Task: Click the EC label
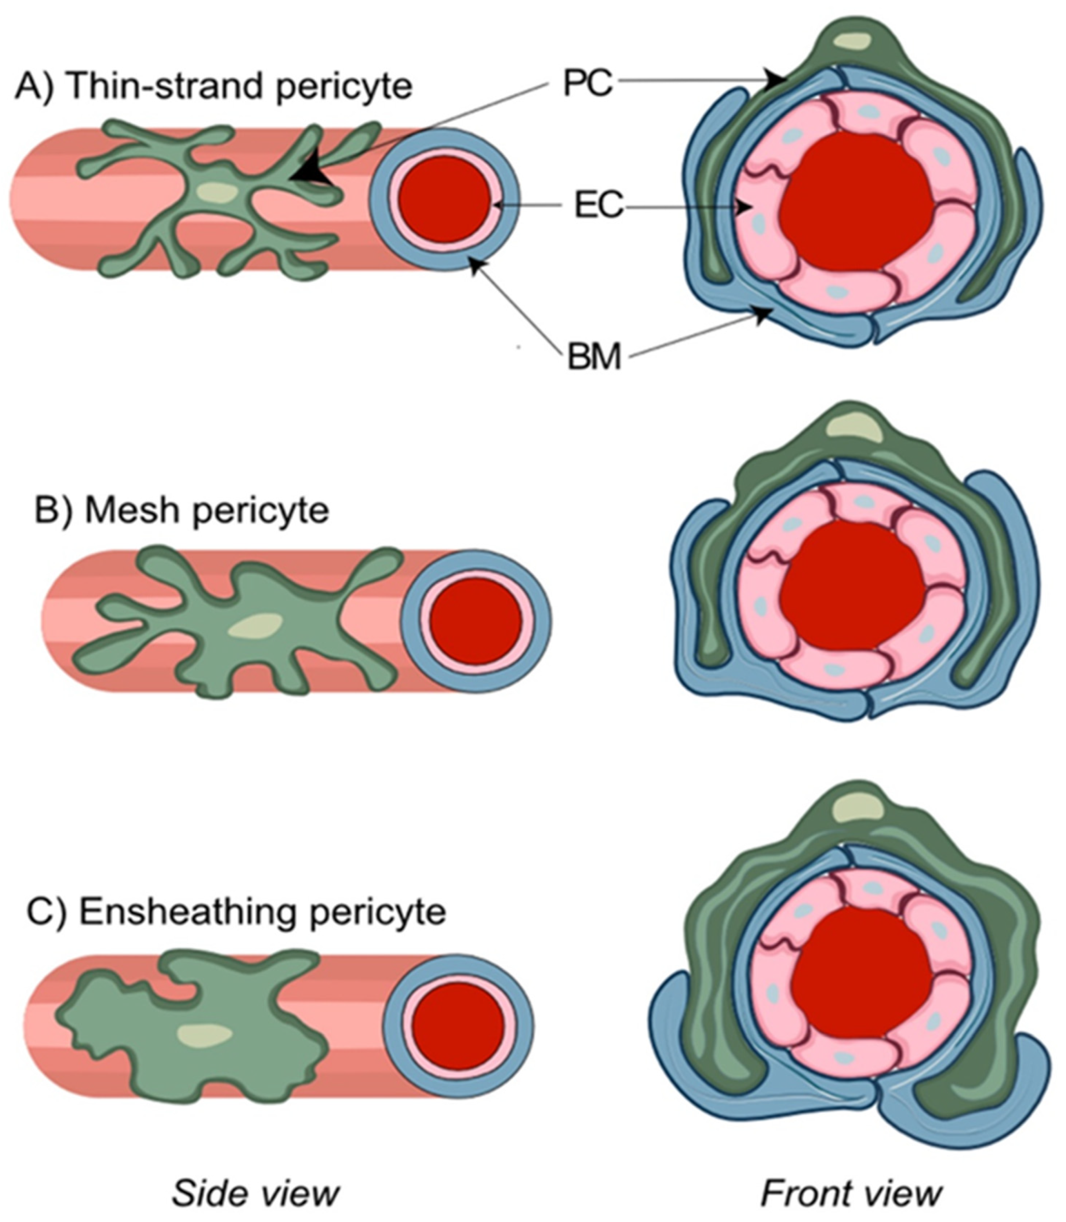coord(599,206)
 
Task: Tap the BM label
coord(594,358)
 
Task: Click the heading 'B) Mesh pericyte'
coord(181,510)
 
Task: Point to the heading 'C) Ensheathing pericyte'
coord(236,928)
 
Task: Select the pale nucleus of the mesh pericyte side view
coord(257,626)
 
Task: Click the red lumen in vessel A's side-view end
coord(444,200)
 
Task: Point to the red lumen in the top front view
coord(857,202)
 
